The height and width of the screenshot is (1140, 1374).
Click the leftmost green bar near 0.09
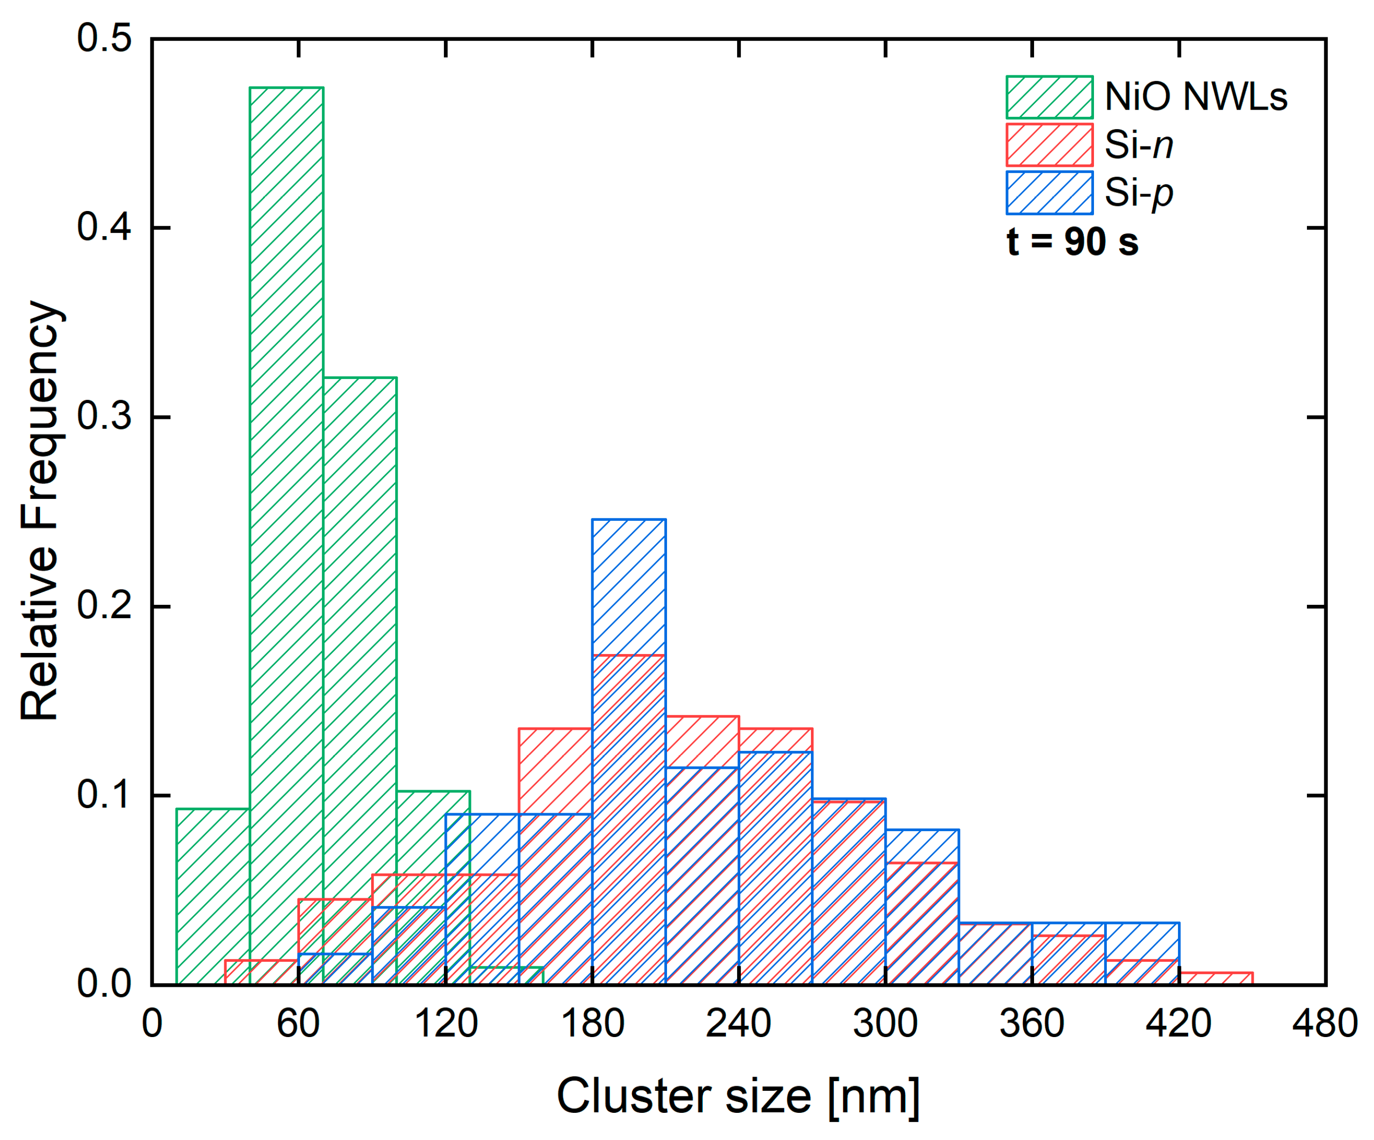[212, 897]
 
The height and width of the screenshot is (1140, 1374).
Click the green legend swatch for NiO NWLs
[1049, 97]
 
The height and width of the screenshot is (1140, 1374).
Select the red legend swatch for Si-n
[1049, 144]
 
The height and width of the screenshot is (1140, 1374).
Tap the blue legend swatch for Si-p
[1049, 193]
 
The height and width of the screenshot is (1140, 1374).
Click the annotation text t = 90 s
[1073, 242]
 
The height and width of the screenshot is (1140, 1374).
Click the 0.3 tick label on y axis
[104, 417]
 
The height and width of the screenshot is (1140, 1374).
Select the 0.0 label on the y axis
[104, 984]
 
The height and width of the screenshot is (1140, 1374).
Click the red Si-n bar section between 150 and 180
[555, 772]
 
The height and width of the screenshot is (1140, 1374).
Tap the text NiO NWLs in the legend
[1196, 97]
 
